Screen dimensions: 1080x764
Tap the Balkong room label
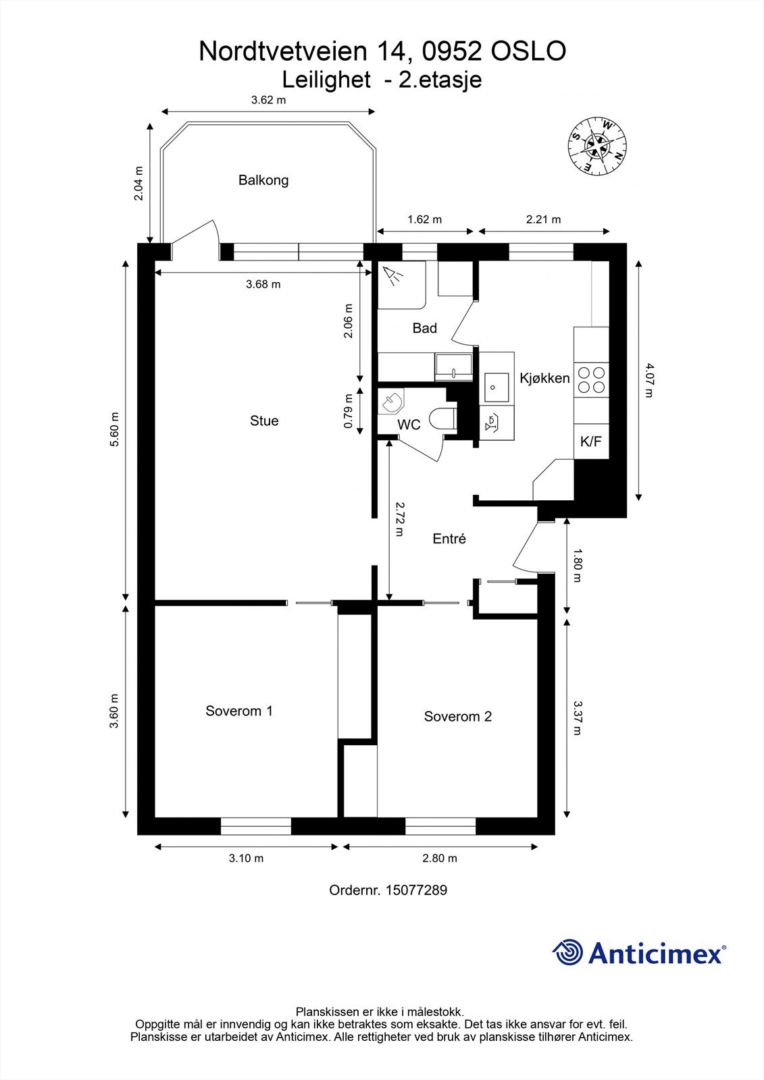click(263, 180)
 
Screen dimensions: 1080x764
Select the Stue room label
click(264, 421)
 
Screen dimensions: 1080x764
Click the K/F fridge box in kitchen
click(590, 442)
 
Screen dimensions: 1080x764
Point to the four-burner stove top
click(591, 379)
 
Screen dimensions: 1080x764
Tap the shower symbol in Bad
click(392, 275)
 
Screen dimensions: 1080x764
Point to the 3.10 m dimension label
click(246, 859)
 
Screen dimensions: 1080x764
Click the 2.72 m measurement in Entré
click(400, 518)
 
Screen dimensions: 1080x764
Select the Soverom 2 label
click(457, 717)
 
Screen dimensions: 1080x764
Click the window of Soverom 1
click(256, 826)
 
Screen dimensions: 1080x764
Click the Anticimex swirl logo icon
click(567, 953)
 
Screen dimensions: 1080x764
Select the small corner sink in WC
click(391, 402)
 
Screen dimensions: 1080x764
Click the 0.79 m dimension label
click(348, 411)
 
